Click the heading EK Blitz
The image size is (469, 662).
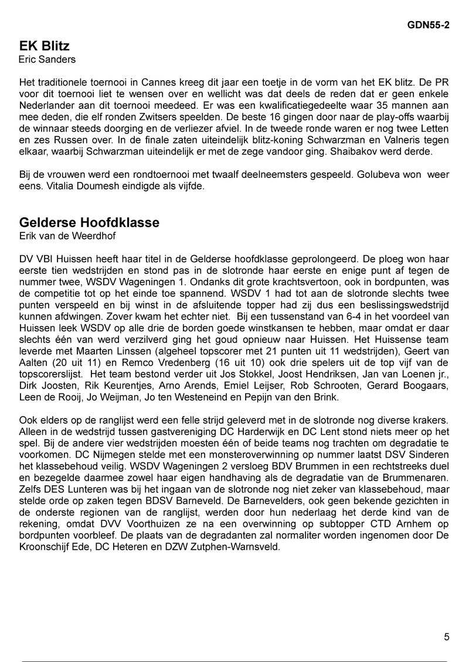[45, 46]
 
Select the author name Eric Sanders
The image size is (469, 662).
[47, 60]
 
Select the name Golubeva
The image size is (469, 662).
[388, 175]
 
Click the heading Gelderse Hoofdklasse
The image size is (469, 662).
[89, 223]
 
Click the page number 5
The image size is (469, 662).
[447, 637]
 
